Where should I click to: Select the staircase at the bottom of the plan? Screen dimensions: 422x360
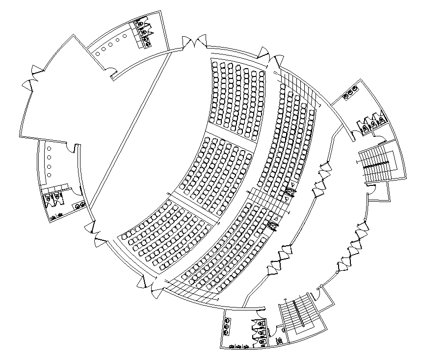[x=298, y=313]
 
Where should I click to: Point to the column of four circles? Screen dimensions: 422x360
[x=49, y=162]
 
